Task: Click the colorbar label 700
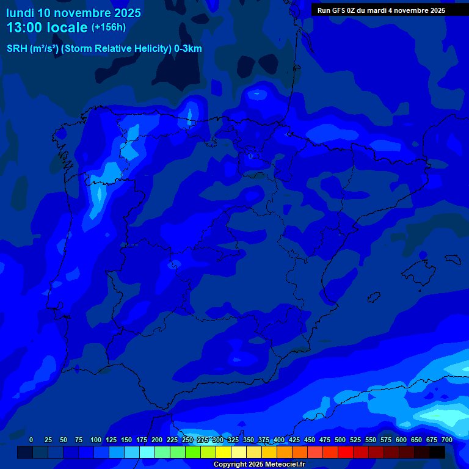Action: coord(447,440)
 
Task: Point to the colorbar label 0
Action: coord(31,440)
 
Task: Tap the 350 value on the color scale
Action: coord(249,440)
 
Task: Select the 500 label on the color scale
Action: coord(340,440)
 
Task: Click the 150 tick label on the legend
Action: coord(126,440)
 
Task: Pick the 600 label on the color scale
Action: coord(401,440)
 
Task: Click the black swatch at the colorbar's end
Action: coord(437,452)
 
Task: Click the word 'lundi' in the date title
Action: coord(20,13)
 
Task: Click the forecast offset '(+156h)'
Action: coord(108,27)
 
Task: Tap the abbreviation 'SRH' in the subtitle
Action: coord(17,49)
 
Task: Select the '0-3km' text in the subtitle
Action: coord(187,49)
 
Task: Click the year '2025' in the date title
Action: coord(128,13)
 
